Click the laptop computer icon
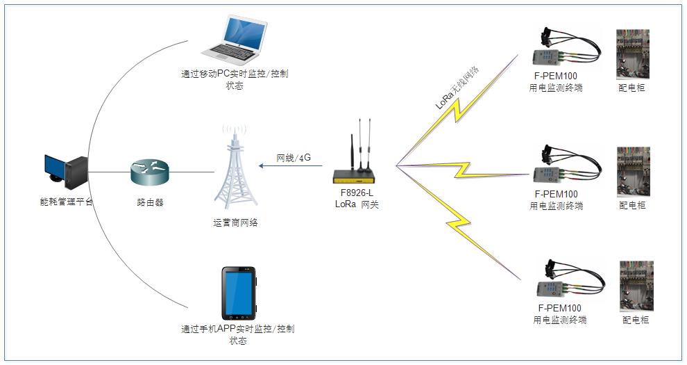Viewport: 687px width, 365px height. tap(232, 41)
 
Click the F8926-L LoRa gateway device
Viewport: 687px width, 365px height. tap(359, 163)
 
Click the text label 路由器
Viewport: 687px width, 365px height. tap(150, 202)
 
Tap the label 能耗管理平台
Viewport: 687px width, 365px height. tap(67, 202)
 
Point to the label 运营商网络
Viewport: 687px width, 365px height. tap(235, 223)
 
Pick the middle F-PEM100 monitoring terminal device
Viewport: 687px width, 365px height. tap(562, 167)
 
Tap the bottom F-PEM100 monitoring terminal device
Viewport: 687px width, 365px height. tap(562, 282)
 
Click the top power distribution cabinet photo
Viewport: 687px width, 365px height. tap(632, 54)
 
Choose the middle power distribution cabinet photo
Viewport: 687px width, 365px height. tap(633, 171)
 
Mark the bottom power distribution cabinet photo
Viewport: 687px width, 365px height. tap(636, 286)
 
